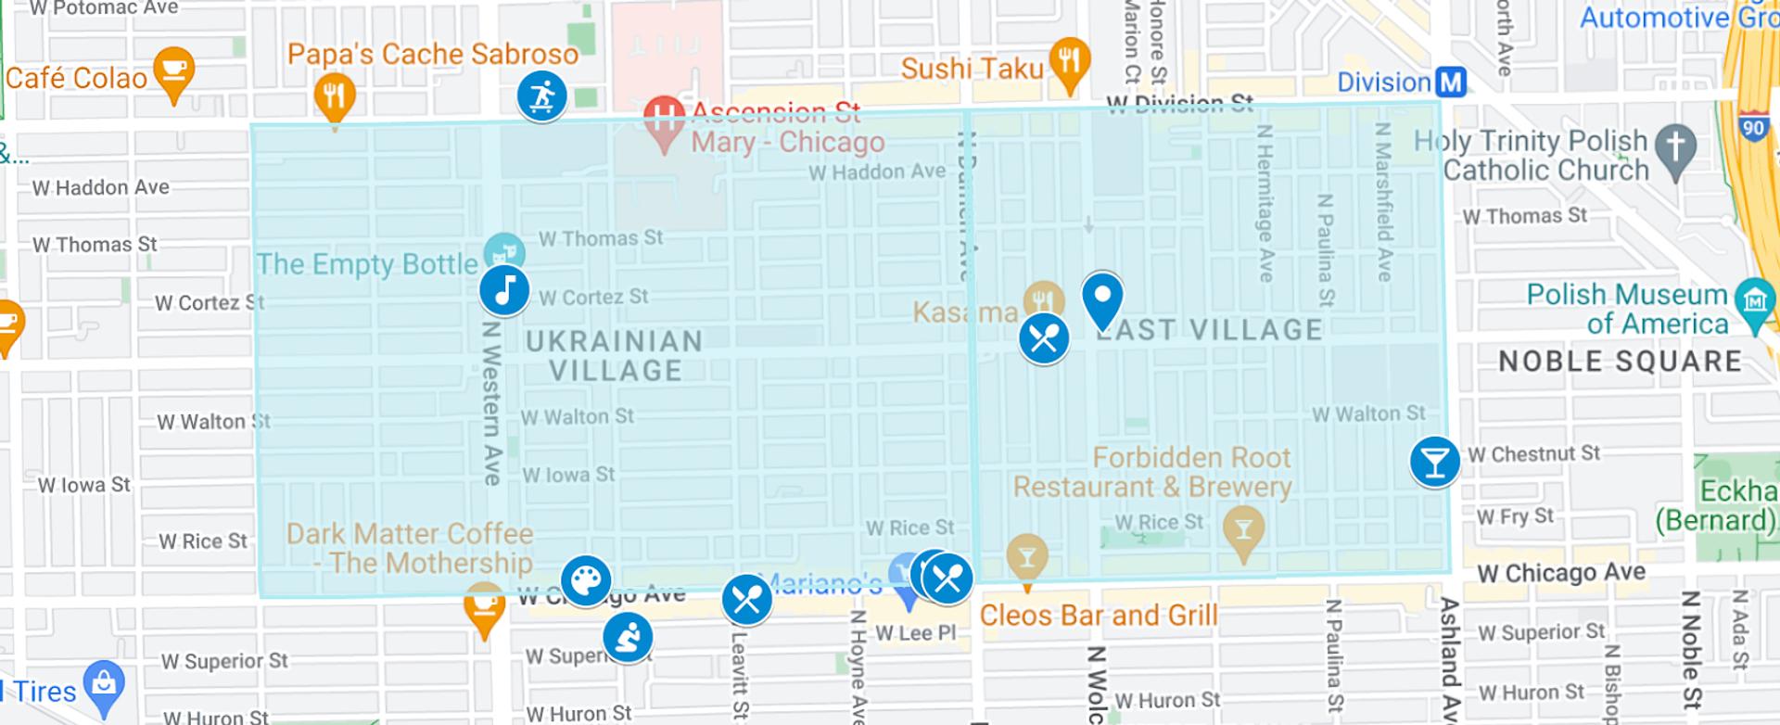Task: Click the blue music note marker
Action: [504, 290]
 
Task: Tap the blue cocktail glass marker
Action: [1434, 461]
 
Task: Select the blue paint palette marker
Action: [586, 581]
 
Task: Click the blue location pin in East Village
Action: [1102, 299]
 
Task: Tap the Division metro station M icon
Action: [1451, 83]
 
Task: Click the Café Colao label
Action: [77, 78]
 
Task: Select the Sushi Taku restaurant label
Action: [973, 69]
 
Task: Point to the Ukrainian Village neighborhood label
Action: [615, 356]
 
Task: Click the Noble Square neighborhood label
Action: [1620, 362]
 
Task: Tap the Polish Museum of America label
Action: [1627, 309]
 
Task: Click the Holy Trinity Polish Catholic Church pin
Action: [1675, 147]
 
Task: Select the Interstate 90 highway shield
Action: [1752, 127]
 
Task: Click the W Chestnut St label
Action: [1533, 454]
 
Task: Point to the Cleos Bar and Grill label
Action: [1099, 616]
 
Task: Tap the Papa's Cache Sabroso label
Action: [433, 54]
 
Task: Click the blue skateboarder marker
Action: [542, 95]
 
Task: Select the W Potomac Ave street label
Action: [104, 8]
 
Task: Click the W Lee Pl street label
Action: [915, 633]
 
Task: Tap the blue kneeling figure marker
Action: [628, 638]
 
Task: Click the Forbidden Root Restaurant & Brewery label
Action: [1152, 472]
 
